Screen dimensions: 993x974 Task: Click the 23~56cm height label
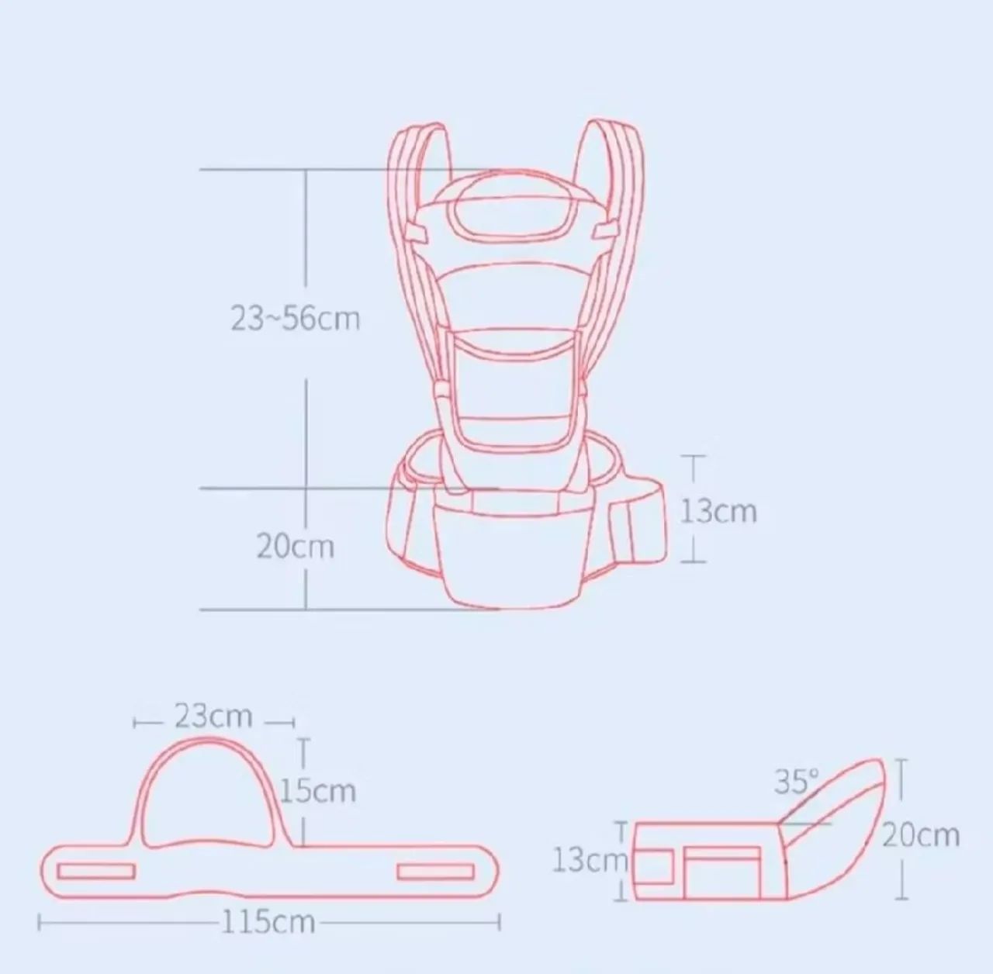[x=295, y=319]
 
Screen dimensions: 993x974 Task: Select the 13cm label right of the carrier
[x=719, y=511]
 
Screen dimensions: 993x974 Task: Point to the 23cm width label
[x=213, y=716]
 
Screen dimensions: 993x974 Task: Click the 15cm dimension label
[x=318, y=790]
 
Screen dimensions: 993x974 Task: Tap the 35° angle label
[x=797, y=781]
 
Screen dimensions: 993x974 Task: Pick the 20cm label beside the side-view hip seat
[x=921, y=835]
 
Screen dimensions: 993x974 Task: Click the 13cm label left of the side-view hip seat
[x=590, y=860]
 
